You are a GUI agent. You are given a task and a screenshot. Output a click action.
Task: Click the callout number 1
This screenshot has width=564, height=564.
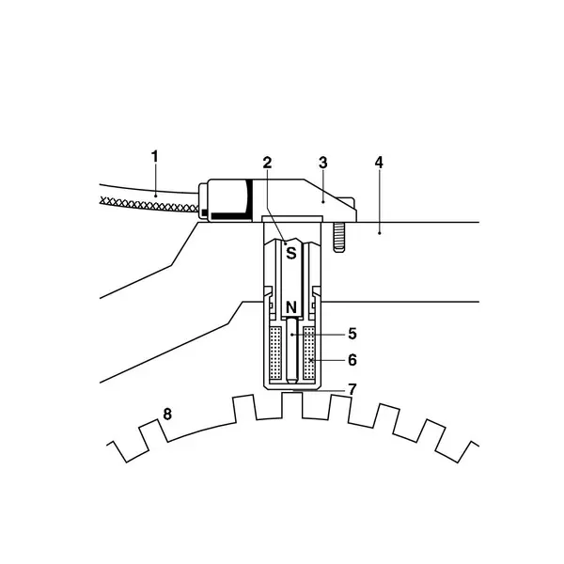coord(155,157)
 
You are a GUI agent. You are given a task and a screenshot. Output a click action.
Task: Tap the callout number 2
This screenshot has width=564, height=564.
coord(267,163)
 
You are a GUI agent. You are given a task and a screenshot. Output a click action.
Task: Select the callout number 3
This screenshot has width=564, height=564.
coord(323,163)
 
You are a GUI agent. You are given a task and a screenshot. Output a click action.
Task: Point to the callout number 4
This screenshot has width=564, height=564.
coord(379,163)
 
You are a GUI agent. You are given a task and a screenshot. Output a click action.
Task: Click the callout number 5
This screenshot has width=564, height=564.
coord(352,334)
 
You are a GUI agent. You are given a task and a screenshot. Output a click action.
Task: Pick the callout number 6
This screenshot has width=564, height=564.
coord(352,360)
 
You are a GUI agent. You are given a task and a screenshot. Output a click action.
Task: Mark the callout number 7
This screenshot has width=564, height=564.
coord(352,389)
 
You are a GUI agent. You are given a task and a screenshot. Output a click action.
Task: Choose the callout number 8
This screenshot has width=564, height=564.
coord(167,414)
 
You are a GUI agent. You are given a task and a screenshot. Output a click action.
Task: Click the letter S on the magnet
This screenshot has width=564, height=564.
coord(291,253)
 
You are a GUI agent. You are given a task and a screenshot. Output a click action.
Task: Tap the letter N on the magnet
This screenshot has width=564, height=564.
coord(291,308)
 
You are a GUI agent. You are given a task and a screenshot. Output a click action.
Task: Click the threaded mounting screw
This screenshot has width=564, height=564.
coord(338,237)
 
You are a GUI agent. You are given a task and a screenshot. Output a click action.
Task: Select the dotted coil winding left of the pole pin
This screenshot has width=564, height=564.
coord(275,353)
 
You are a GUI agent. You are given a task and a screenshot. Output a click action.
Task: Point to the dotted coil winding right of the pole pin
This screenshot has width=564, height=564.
coord(309,353)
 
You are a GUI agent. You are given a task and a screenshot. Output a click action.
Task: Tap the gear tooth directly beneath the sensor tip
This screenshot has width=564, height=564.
coord(292,405)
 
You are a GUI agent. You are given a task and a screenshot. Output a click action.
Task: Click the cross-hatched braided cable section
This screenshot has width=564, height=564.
coord(149,205)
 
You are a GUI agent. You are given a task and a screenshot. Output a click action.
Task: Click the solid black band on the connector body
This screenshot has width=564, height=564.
coord(231,216)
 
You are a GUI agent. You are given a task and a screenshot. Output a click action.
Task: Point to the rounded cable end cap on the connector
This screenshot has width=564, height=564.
coord(203,201)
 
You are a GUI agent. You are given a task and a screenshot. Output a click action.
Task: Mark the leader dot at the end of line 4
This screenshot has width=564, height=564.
coord(379,233)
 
